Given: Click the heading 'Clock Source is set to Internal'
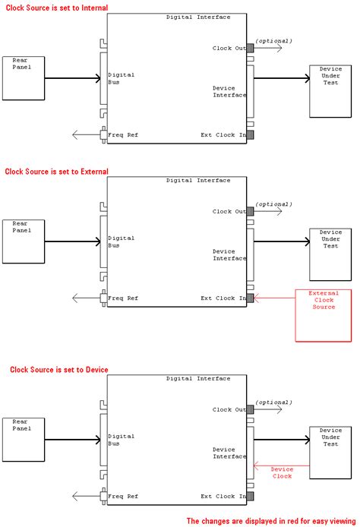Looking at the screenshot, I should tap(56, 8).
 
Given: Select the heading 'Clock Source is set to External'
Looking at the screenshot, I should tap(57, 172).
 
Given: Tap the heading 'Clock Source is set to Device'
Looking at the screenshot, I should tap(58, 370).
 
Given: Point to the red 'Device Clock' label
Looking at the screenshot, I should tap(282, 472).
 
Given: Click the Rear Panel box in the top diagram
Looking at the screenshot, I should tap(23, 78).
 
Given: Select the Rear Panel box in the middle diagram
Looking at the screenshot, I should tap(23, 241).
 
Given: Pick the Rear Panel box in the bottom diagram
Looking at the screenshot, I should tap(23, 440).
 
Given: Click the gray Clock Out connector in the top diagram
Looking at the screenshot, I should tap(250, 48).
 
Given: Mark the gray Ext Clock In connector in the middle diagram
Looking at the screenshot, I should tap(250, 298).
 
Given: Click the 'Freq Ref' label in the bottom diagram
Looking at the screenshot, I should tap(123, 497).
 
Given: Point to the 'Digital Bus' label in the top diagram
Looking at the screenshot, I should tap(121, 78).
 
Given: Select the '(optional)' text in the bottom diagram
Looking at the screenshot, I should tap(273, 402).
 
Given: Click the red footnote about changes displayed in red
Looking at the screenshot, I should tap(271, 521).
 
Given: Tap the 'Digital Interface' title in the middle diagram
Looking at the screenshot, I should tap(198, 181).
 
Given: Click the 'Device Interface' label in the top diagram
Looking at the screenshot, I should tap(229, 91).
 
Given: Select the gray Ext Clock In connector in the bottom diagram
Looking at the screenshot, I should tap(250, 497).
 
